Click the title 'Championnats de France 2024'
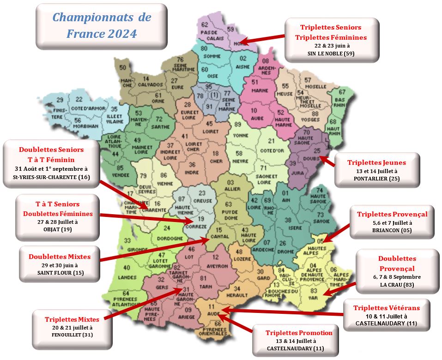102,25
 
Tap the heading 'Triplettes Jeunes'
376,162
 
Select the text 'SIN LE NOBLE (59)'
331,54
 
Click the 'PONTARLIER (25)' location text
376,179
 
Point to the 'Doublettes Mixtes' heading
60,257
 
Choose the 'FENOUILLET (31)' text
72,335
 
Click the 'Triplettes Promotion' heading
299,333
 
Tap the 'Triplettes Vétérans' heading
387,308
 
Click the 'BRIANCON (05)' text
392,230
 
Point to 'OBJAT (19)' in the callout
58,229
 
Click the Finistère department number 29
60,100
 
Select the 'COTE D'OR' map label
271,150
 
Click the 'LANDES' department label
127,277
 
